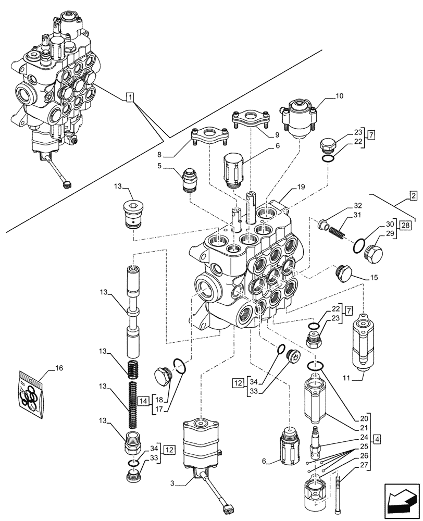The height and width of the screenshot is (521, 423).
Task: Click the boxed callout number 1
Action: pos(130,97)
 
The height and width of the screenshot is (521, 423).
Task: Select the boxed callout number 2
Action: pos(413,196)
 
